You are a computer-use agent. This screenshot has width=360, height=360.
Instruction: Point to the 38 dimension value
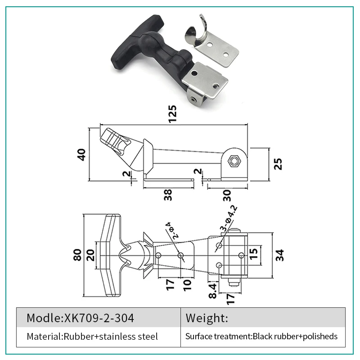167,194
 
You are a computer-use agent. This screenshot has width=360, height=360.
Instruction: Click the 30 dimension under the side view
226,194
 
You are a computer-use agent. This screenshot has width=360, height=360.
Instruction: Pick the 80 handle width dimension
77,255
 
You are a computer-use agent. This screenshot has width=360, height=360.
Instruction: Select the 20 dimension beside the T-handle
92,255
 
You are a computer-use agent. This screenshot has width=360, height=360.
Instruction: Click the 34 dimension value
280,255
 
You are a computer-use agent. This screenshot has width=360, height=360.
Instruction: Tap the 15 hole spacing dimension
253,255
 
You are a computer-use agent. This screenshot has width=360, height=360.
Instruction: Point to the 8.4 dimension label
213,290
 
